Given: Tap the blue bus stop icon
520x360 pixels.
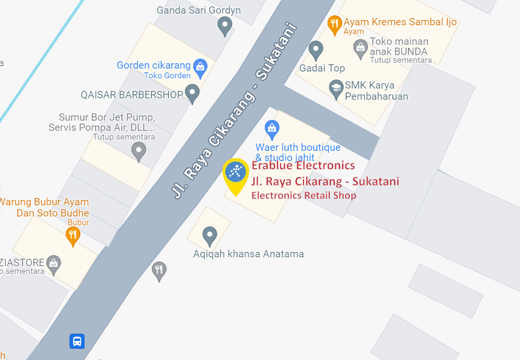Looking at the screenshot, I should [x=77, y=341].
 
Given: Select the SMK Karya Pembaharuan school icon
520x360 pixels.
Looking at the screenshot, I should [x=336, y=88].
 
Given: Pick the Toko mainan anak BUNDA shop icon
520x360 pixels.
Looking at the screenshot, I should [x=361, y=48].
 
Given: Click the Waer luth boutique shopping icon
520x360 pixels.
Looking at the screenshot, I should [x=272, y=128].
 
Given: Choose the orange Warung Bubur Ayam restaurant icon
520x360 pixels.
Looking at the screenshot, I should [x=72, y=235].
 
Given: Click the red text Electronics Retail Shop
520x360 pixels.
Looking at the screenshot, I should [x=304, y=195].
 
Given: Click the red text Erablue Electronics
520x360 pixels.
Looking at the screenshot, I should [x=303, y=165].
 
